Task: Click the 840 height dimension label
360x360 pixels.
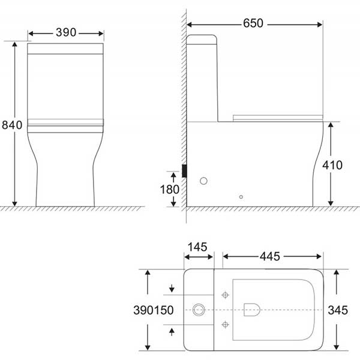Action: [x=12, y=125]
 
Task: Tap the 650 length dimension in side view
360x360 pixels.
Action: [x=253, y=23]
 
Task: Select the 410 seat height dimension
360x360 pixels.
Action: [x=332, y=165]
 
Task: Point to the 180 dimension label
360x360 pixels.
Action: [x=169, y=190]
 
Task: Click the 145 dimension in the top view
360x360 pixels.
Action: [x=197, y=247]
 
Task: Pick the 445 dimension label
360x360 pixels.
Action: [x=270, y=256]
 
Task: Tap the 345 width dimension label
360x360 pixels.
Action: [x=338, y=310]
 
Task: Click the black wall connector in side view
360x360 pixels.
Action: [x=184, y=171]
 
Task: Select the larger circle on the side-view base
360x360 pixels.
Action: [x=203, y=181]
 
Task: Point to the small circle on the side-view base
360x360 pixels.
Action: [x=241, y=197]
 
